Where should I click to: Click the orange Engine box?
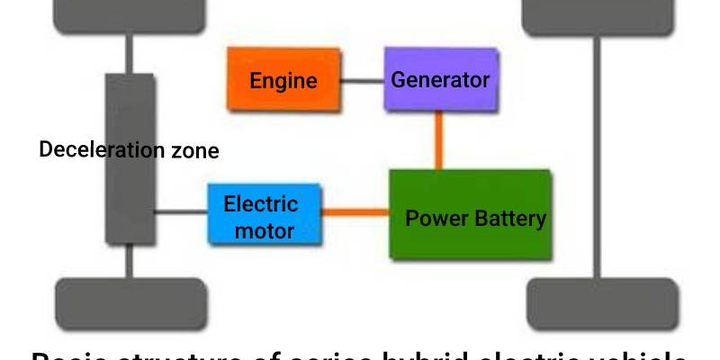click(283, 81)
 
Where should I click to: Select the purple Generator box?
click(440, 79)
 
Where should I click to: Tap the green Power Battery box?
click(469, 216)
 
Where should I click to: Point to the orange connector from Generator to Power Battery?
click(439, 139)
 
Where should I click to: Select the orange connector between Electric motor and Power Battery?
click(355, 213)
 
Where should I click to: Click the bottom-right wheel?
click(601, 304)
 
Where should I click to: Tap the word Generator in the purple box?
click(440, 79)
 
